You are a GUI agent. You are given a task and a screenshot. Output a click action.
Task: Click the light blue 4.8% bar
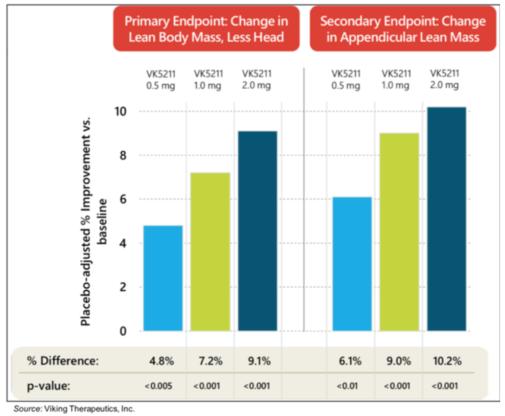(x=163, y=278)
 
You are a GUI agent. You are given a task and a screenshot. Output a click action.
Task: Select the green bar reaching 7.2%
(x=210, y=252)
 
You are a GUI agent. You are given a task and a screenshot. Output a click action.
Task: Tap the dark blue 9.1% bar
(x=257, y=231)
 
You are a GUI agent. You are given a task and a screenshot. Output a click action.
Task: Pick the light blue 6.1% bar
(x=352, y=264)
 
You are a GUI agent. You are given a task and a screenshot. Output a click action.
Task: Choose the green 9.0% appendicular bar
(x=399, y=232)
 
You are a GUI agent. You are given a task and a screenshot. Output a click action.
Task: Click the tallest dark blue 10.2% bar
(x=447, y=219)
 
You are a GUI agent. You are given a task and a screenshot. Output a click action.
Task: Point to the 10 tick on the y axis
(x=120, y=112)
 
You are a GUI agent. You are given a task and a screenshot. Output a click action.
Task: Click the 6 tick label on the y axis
(x=123, y=199)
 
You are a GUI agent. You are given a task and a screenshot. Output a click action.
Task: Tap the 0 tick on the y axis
(x=123, y=331)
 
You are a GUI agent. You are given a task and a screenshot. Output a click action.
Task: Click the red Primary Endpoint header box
(x=206, y=29)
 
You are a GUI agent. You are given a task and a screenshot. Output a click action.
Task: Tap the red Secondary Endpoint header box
(x=403, y=29)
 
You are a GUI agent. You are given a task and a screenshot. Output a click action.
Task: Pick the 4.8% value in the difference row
(x=161, y=361)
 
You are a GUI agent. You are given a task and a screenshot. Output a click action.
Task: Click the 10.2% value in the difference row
(x=447, y=361)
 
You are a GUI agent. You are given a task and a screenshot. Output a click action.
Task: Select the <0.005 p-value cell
(x=159, y=386)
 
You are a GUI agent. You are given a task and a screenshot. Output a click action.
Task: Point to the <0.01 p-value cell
(x=347, y=386)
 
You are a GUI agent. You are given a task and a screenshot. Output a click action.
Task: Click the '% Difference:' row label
(x=63, y=361)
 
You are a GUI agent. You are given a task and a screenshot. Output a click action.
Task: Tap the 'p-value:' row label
(x=49, y=386)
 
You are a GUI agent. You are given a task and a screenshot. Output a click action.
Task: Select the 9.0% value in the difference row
(x=398, y=361)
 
